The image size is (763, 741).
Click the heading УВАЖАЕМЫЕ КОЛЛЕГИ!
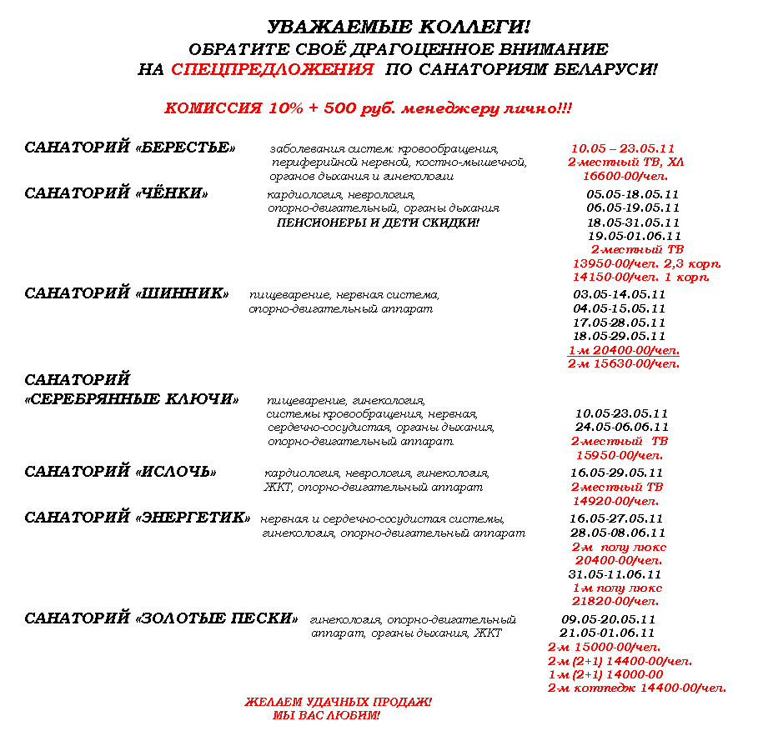[x=399, y=28]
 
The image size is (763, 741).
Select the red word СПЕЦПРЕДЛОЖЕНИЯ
[x=272, y=70]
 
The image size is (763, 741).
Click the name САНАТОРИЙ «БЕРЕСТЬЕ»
[x=129, y=148]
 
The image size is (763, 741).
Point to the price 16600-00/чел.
[x=625, y=176]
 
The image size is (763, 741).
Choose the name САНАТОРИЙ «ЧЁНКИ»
[x=116, y=193]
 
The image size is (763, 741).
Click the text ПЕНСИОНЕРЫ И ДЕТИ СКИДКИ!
[x=378, y=223]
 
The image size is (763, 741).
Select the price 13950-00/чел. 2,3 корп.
[x=646, y=263]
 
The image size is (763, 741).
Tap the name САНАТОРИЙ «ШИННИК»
[x=127, y=293]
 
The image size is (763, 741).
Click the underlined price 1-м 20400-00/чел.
[x=623, y=350]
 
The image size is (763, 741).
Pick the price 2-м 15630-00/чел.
[x=623, y=363]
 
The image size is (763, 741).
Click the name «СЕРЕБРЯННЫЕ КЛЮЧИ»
[x=132, y=399]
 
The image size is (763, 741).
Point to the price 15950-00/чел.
[x=620, y=455]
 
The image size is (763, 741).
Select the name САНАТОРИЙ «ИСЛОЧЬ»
[x=120, y=472]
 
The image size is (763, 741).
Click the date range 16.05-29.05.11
[x=616, y=473]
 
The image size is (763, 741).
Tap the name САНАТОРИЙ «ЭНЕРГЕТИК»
[x=138, y=518]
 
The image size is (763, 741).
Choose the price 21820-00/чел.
[x=615, y=601]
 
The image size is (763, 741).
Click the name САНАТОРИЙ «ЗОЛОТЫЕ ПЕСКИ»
[x=161, y=618]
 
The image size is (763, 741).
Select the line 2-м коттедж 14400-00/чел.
[x=636, y=688]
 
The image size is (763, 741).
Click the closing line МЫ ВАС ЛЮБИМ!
[x=326, y=715]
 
